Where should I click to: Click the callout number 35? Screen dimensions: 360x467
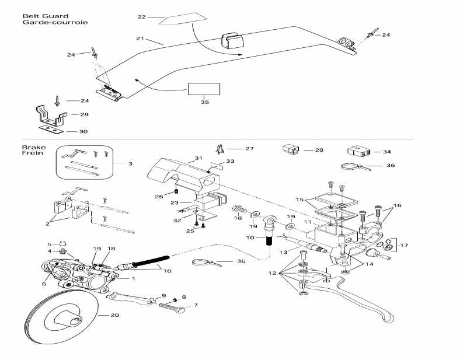(204, 102)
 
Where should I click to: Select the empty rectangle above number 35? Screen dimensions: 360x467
(204, 89)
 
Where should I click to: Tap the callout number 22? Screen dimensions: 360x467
(141, 17)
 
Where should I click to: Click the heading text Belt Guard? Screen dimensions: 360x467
(37, 16)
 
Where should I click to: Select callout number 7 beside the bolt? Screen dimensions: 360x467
(196, 305)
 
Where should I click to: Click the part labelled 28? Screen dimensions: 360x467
(291, 149)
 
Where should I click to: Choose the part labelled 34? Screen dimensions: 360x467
(357, 151)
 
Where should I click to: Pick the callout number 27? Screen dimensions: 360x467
(249, 149)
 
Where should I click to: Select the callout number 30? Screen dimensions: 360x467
(83, 132)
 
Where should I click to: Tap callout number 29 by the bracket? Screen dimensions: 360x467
(84, 114)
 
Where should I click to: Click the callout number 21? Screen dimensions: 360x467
(140, 38)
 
